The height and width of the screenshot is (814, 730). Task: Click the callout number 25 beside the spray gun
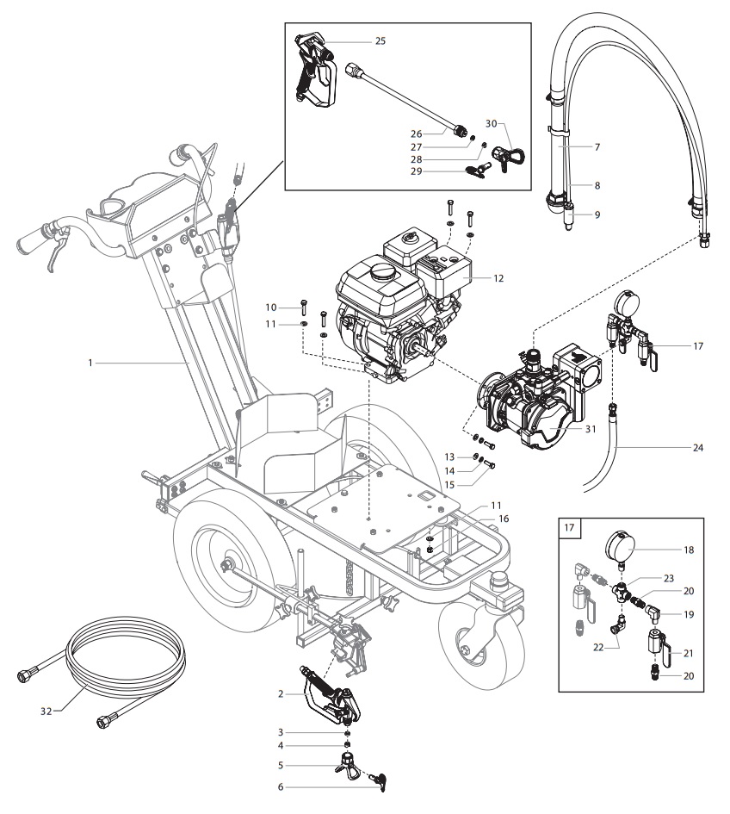click(x=380, y=40)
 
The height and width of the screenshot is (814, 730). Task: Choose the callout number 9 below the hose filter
click(x=596, y=215)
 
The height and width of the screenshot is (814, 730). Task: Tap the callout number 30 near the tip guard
click(x=515, y=123)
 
